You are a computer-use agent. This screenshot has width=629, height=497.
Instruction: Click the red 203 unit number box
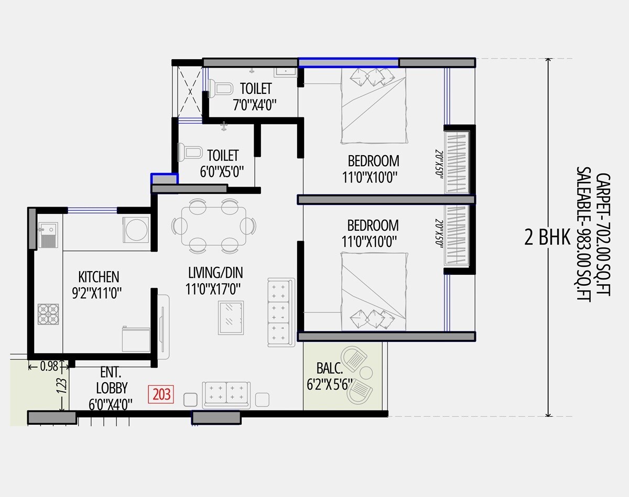(x=161, y=394)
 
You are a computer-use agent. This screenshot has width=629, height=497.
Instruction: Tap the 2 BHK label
(x=547, y=239)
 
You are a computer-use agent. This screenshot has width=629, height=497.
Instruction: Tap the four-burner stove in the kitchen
(x=48, y=314)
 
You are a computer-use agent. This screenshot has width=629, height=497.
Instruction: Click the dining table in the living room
(x=213, y=226)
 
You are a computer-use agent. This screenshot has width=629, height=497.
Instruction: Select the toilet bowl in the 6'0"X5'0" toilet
(x=189, y=153)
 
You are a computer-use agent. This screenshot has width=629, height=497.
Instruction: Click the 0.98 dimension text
(x=49, y=366)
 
